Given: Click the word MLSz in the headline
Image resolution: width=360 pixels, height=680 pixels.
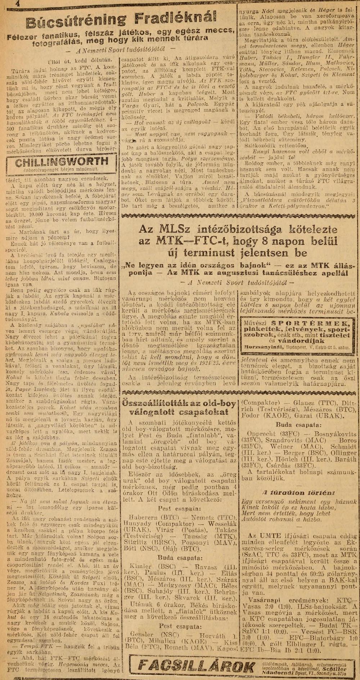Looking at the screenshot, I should pos(174,229).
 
